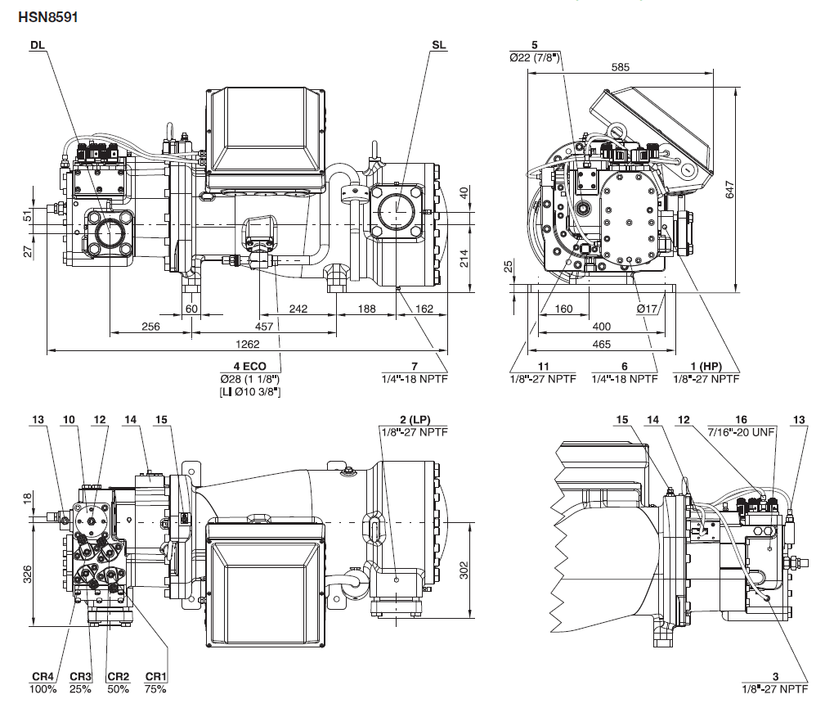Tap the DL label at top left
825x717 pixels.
(x=37, y=45)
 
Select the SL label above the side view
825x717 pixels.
(x=438, y=45)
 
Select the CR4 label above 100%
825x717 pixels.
(x=43, y=676)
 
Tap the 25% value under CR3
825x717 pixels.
(x=81, y=689)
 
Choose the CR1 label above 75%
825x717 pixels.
(x=155, y=676)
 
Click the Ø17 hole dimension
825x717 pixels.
(x=648, y=309)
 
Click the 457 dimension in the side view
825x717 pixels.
(x=264, y=327)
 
